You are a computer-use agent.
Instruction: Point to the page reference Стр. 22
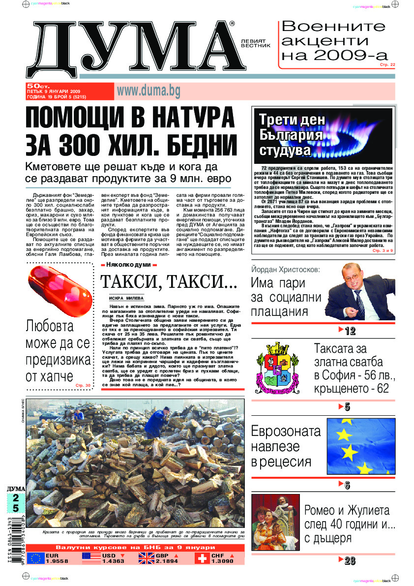(387, 64)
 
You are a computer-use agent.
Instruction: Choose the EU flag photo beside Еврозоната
(361, 446)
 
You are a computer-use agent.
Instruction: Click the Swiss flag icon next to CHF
(201, 558)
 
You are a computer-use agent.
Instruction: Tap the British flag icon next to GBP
(146, 558)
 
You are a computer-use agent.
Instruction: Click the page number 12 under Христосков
(350, 331)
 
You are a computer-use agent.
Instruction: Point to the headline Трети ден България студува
(285, 135)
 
